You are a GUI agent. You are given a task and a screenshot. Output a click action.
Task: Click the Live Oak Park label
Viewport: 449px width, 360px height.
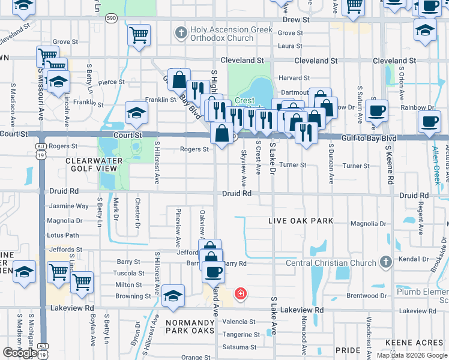click(x=300, y=221)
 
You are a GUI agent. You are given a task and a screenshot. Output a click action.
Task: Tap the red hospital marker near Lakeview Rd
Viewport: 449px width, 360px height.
click(x=240, y=293)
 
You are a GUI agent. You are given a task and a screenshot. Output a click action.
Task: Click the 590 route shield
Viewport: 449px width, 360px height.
click(x=111, y=19)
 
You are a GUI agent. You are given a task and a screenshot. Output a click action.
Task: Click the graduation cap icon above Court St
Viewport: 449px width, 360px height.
click(x=136, y=112)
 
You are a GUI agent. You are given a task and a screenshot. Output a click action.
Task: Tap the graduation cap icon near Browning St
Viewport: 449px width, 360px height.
click(x=173, y=296)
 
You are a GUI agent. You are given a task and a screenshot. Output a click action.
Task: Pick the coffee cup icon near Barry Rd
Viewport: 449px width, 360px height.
click(x=212, y=272)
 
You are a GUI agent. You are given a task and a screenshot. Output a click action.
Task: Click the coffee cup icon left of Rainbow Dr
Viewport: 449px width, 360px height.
click(x=376, y=110)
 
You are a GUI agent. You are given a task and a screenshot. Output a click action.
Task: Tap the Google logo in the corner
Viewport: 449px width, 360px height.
click(x=19, y=353)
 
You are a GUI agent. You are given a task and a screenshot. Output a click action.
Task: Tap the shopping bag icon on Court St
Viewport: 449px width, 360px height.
click(x=221, y=133)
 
